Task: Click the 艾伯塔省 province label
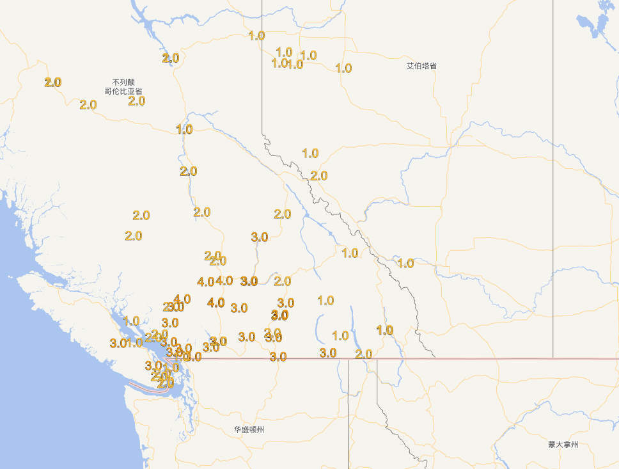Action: [x=421, y=66]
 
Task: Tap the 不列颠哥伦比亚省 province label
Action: [x=123, y=87]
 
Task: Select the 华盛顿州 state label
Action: [x=249, y=429]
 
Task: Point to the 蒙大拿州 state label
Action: [x=563, y=444]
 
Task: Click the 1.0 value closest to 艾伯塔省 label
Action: [x=343, y=68]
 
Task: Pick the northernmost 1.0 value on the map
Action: [x=256, y=35]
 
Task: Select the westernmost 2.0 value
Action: [x=52, y=82]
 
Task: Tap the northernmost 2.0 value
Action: [x=170, y=58]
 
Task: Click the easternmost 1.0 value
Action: [x=405, y=263]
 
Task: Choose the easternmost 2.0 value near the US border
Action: [x=363, y=354]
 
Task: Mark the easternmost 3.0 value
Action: [x=327, y=353]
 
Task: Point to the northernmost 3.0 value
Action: [x=259, y=237]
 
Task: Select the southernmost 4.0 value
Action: [x=216, y=303]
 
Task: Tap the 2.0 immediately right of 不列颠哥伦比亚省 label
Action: [x=136, y=100]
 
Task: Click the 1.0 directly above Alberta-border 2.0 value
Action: [x=309, y=153]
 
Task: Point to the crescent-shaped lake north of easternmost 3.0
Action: [x=318, y=328]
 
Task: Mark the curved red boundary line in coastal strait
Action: [x=143, y=386]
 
